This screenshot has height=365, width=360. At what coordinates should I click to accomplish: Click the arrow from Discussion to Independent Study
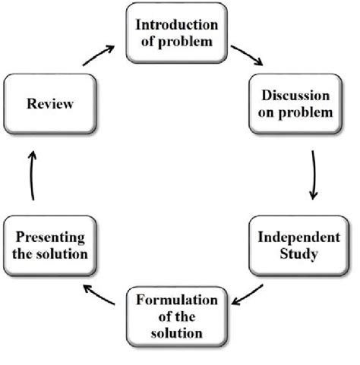pos(313,175)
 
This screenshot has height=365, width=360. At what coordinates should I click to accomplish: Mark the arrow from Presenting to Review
pos(31,175)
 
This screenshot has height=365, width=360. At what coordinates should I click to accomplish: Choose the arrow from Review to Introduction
pos(99,55)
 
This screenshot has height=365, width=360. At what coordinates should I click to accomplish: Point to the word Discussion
pos(296,96)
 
